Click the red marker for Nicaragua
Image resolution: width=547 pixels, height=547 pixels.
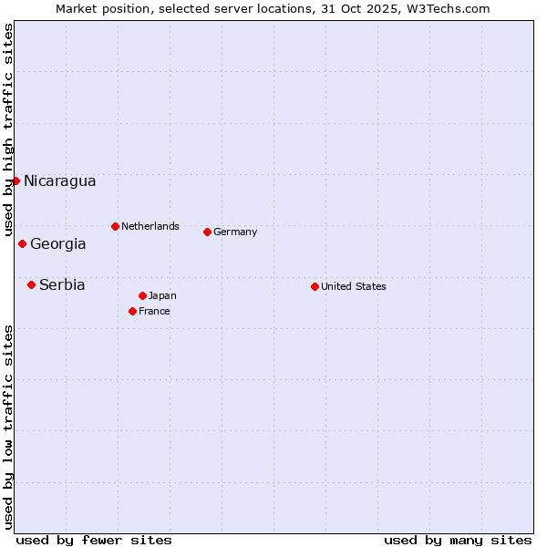click(x=15, y=181)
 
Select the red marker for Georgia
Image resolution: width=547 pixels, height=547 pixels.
click(x=22, y=243)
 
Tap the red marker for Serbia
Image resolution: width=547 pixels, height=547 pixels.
click(x=31, y=284)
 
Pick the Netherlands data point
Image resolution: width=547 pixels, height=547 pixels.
click(x=115, y=226)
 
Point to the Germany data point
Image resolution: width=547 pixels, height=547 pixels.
click(x=207, y=232)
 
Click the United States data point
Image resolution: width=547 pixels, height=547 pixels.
click(x=315, y=286)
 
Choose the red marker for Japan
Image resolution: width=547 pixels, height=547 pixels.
click(x=142, y=295)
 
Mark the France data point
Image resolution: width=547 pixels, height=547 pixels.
click(x=132, y=311)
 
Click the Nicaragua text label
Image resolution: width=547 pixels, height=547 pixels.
click(x=59, y=181)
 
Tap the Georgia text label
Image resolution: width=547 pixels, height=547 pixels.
click(x=58, y=243)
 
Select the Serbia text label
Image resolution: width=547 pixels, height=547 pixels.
click(x=62, y=284)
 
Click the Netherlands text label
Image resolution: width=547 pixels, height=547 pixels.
click(x=150, y=226)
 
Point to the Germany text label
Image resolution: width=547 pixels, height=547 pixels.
click(x=235, y=232)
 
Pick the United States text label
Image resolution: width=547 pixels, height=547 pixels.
click(x=354, y=286)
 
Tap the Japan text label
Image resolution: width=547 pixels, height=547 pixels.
click(x=162, y=295)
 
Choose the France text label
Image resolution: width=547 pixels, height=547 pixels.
click(x=154, y=311)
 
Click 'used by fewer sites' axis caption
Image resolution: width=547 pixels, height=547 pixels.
click(x=94, y=540)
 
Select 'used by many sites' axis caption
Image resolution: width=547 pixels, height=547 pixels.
click(x=458, y=540)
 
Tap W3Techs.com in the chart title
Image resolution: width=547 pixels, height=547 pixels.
click(x=449, y=8)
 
